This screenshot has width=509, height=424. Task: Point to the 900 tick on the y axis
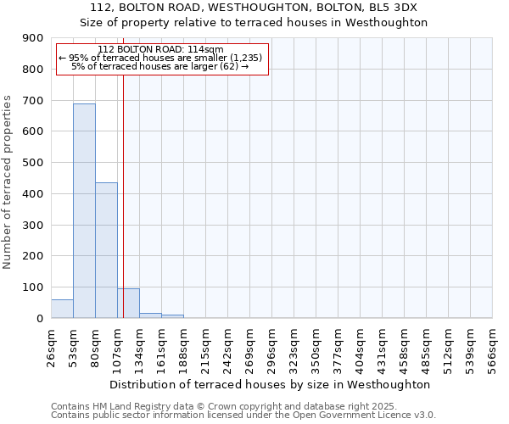coord(34,38)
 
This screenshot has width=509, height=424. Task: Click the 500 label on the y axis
coord(34,163)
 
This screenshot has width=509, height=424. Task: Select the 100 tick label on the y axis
coord(34,287)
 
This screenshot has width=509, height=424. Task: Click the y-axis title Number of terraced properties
coord(8,182)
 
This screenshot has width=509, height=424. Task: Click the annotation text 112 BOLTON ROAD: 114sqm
coord(160,50)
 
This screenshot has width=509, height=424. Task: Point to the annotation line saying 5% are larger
coord(160,66)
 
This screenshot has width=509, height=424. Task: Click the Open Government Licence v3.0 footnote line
coord(243,416)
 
